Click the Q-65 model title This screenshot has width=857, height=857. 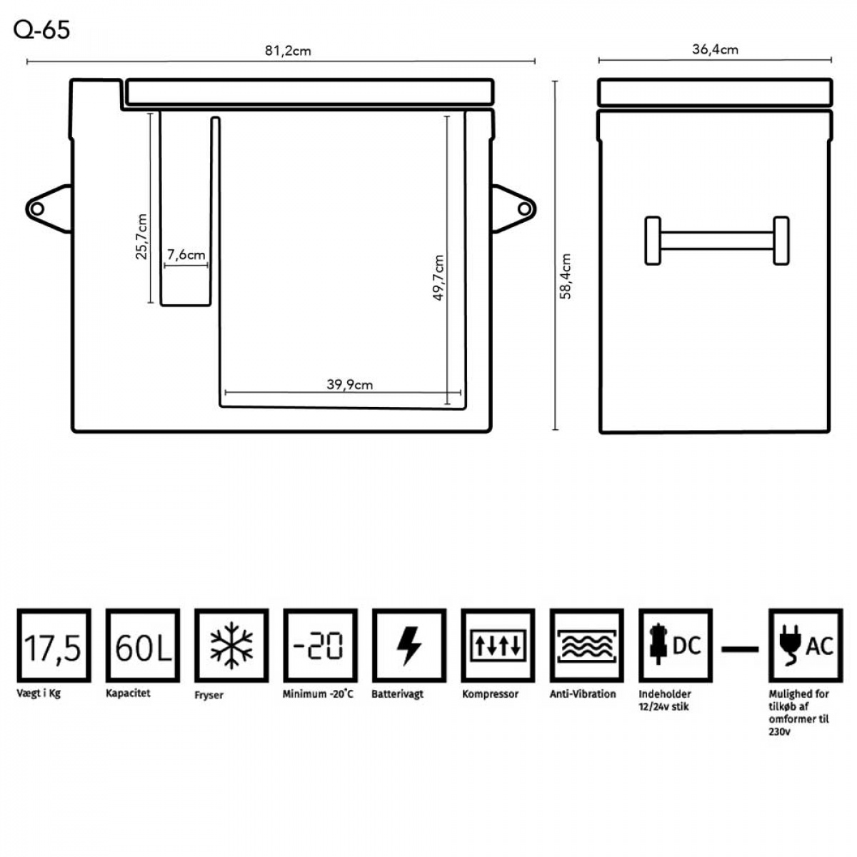[x=42, y=30]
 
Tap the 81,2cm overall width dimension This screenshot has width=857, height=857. [x=288, y=51]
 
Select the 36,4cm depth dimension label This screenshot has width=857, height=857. [x=715, y=49]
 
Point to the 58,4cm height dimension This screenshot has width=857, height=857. [x=565, y=276]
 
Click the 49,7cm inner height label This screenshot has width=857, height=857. [x=438, y=278]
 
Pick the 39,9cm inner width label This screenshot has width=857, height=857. [x=349, y=384]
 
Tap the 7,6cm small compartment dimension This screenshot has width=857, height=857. [x=186, y=255]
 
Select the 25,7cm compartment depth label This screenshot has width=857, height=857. [x=141, y=236]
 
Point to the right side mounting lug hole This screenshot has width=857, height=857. [x=524, y=209]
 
